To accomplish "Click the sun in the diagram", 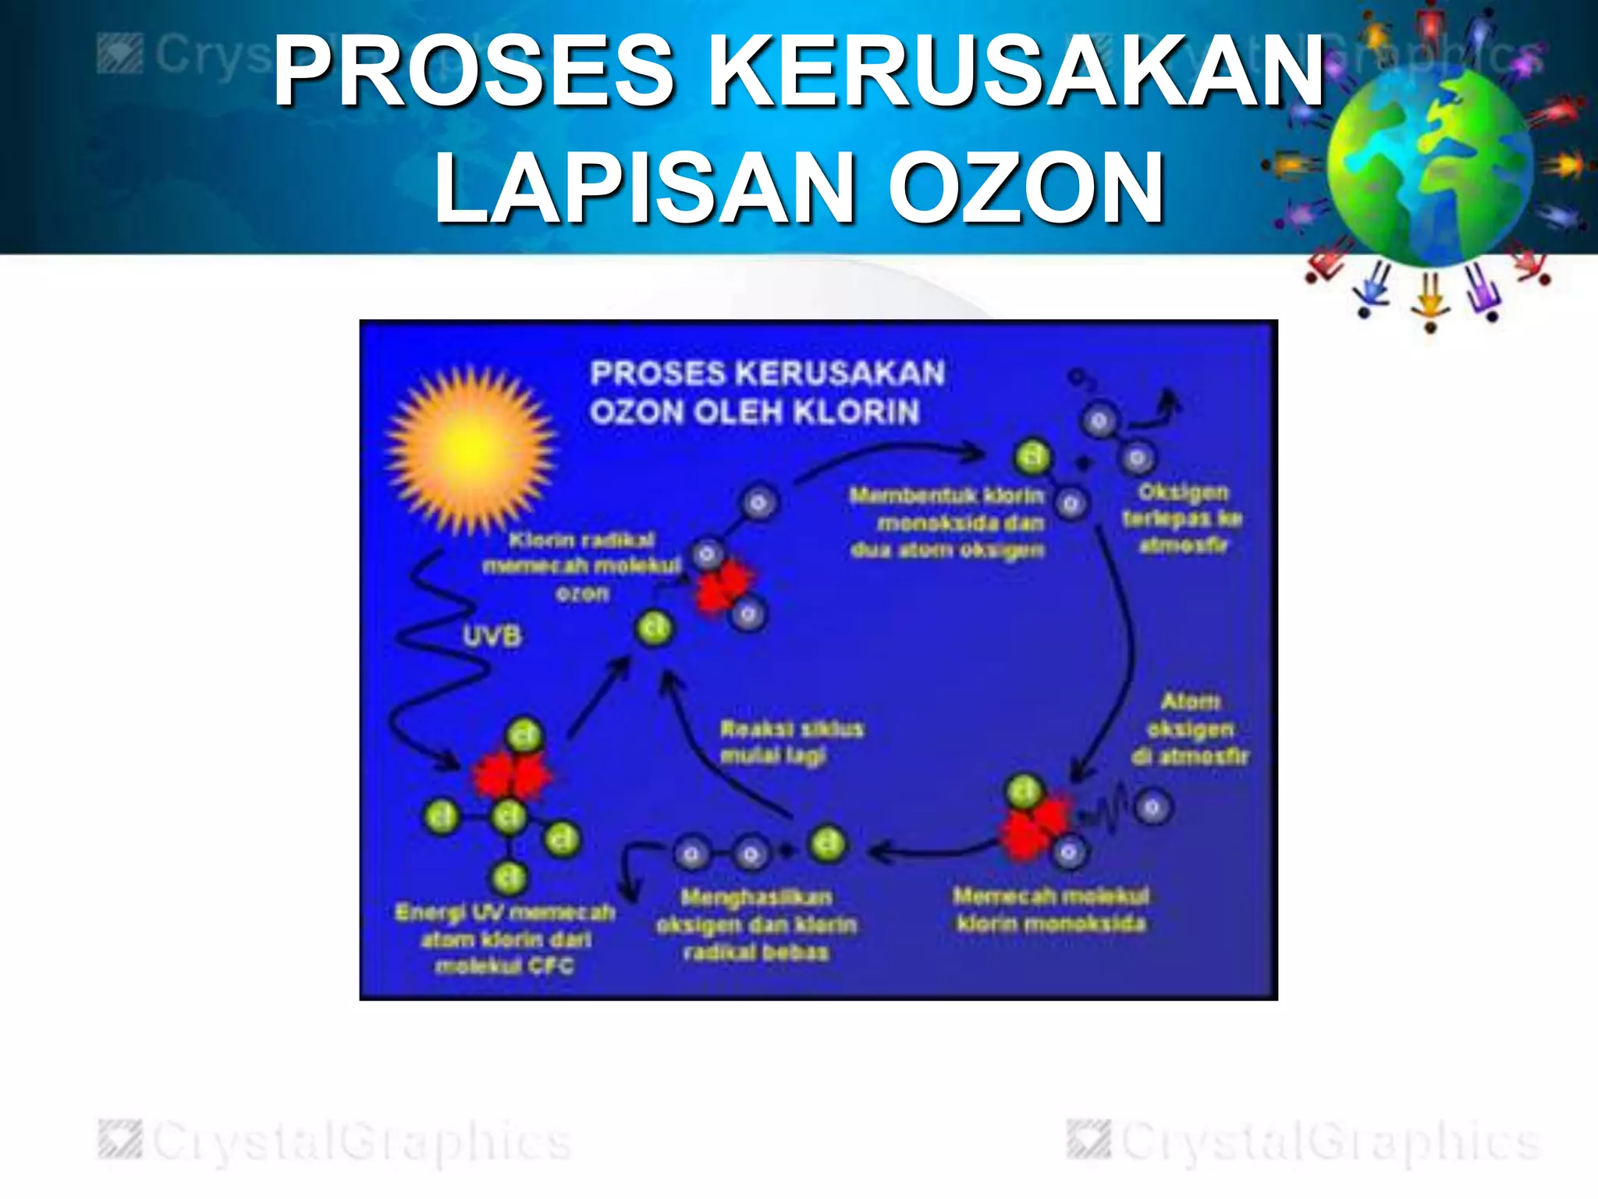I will point(471,450).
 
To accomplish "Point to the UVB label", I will point(492,636).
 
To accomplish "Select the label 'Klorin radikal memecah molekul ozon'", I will point(582,566).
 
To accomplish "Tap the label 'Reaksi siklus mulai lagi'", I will point(790,742).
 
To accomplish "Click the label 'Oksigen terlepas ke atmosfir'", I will point(1183,518).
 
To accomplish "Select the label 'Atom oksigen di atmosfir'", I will point(1190,728).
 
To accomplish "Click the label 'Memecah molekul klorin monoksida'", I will point(1051,909).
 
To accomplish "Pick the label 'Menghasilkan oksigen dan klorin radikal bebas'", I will point(756,924).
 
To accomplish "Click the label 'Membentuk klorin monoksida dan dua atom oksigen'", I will point(947,522).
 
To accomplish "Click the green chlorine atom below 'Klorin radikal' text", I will point(654,628).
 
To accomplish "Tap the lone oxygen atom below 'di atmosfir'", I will point(1153,807).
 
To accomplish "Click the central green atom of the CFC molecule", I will point(510,817).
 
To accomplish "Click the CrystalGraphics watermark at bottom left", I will point(336,1141).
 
